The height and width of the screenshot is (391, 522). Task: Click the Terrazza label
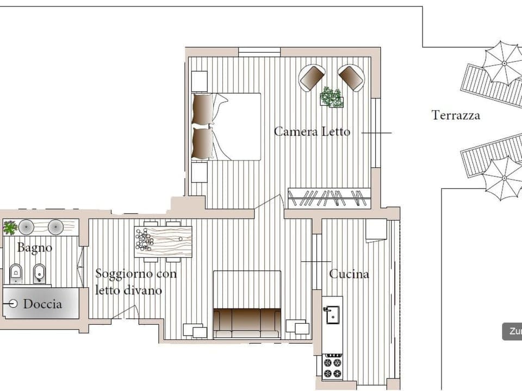(456, 115)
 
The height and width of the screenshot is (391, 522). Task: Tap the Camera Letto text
(312, 131)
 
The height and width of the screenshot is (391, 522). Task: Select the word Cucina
(349, 274)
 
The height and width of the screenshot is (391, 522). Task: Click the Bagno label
(35, 248)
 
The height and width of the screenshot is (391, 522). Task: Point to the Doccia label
(42, 304)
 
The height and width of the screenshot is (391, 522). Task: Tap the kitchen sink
(331, 314)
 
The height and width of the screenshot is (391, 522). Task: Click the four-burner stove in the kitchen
(332, 365)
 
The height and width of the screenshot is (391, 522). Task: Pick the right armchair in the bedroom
(351, 77)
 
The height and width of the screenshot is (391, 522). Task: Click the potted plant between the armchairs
(331, 97)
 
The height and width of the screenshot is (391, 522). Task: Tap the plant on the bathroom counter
(10, 228)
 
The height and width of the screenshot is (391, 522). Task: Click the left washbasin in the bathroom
(27, 226)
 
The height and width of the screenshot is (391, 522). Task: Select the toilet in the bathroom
(16, 273)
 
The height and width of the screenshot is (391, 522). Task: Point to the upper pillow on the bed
(203, 109)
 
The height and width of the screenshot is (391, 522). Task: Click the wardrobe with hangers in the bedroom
(328, 198)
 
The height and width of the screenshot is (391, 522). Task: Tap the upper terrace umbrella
(503, 63)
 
